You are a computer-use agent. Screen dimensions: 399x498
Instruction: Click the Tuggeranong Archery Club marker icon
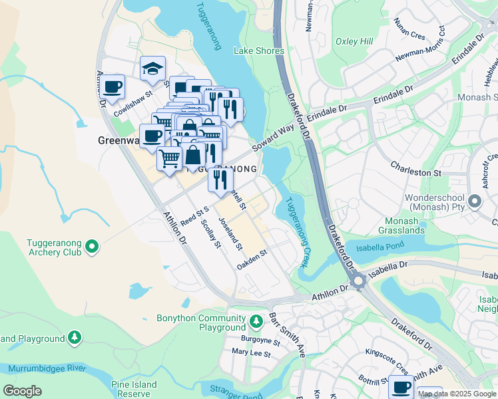92,248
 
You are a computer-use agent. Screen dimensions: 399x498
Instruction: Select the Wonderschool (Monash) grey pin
475,200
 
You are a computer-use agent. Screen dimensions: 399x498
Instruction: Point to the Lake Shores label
259,51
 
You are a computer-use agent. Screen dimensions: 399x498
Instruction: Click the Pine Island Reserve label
134,389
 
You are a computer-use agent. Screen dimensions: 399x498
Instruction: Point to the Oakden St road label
252,259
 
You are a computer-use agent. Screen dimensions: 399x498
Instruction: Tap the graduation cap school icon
152,67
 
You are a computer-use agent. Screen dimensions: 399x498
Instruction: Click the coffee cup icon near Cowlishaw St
113,85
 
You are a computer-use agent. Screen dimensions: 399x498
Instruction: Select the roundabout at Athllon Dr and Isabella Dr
360,282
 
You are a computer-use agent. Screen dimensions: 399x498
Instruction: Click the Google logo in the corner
22,391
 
